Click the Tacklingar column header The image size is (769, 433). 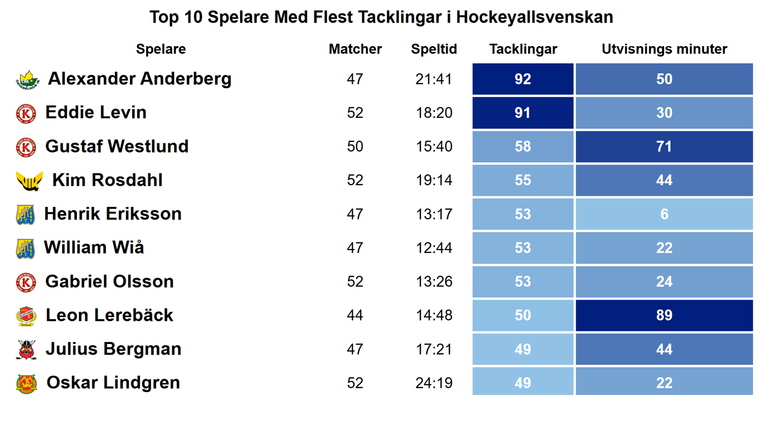pos(523,49)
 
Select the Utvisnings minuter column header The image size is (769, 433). pos(664,49)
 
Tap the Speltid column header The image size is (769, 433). pos(434,49)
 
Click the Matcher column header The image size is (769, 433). pos(355,49)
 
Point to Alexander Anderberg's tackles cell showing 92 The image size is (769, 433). pos(523,79)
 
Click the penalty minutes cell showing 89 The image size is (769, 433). pos(664,315)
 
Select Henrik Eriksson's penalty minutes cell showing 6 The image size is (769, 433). pos(664,214)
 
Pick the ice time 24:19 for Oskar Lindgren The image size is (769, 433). pos(434,383)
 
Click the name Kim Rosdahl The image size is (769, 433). pos(107,180)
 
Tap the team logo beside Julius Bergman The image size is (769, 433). pos(26,350)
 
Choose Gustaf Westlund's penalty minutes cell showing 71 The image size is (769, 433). pos(664,146)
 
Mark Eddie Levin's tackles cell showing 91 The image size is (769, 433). pos(523,113)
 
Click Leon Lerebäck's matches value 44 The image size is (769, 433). pos(355,315)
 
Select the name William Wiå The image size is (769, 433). pos(94,248)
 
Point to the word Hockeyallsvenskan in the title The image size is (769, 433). pos(534,17)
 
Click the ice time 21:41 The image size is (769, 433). pos(434,79)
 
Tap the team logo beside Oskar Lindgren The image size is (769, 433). pos(26,383)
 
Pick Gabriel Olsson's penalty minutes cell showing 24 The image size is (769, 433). pos(664,281)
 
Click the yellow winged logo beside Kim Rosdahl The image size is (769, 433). pos(29,181)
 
